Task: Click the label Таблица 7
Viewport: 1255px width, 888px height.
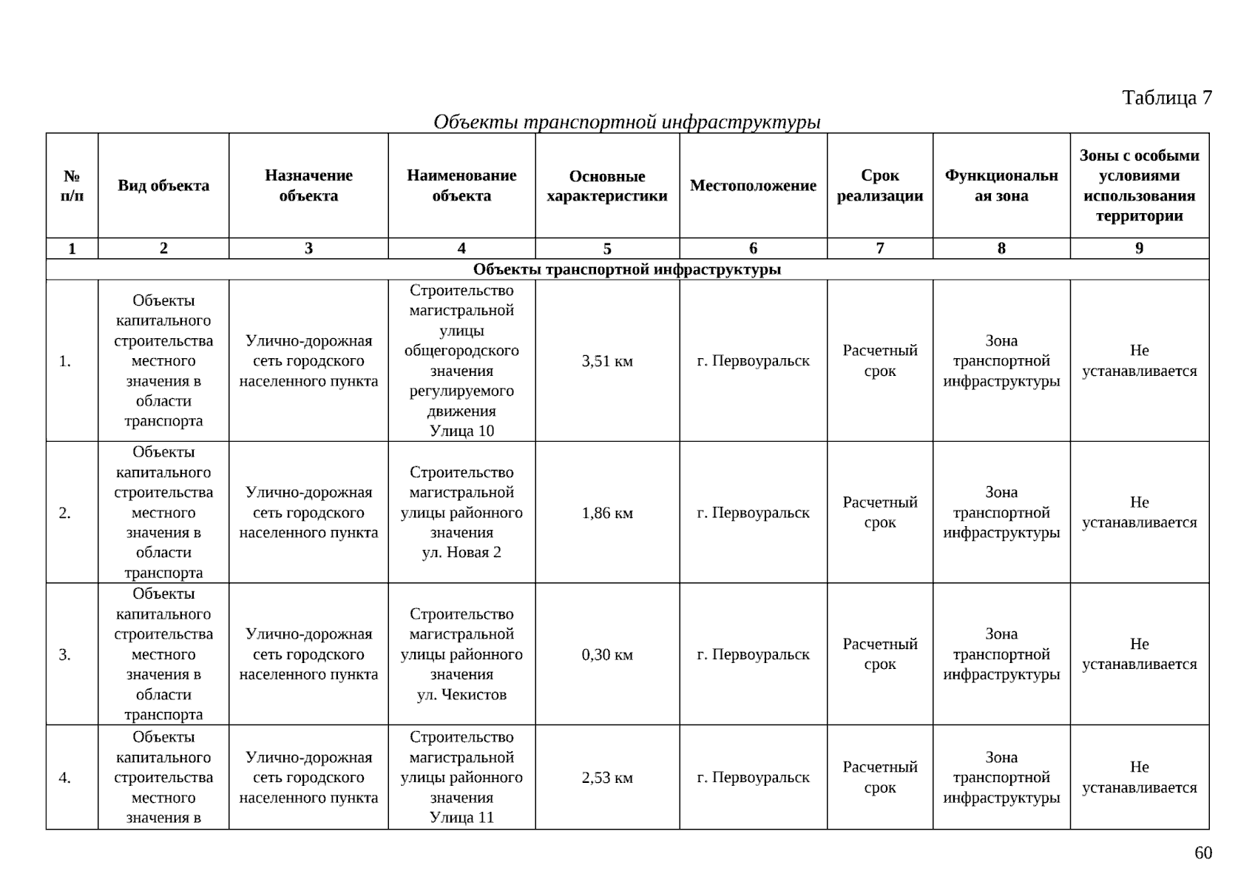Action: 1166,98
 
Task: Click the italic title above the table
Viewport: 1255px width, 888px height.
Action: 626,121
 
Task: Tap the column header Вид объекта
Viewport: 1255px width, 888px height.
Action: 163,186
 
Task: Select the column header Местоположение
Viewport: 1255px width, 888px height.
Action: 753,186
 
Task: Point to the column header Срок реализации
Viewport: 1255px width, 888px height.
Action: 879,186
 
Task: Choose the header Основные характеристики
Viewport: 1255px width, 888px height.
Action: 606,186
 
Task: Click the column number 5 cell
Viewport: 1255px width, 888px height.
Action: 607,249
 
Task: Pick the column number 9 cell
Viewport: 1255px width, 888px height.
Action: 1139,249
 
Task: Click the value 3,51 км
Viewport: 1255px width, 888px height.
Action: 607,361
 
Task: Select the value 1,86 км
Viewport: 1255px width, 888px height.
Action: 607,513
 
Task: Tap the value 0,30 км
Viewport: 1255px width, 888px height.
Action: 607,655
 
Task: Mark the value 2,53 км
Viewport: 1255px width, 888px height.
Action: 607,778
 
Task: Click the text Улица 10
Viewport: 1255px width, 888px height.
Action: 461,431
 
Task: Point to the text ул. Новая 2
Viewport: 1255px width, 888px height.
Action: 461,553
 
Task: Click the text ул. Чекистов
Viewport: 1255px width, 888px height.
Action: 461,695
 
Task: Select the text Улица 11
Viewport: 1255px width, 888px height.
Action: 461,818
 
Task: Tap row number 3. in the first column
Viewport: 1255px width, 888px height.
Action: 65,655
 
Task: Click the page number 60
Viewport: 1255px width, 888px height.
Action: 1203,853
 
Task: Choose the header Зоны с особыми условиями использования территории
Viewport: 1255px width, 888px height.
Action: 1139,186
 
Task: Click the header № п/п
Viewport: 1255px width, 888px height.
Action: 72,186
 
